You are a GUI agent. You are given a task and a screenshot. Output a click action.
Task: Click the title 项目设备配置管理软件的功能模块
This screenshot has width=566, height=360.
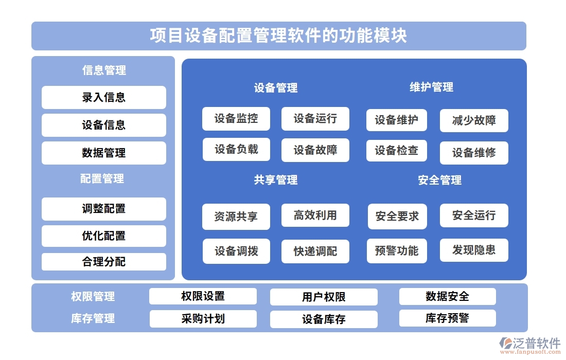tap(278, 35)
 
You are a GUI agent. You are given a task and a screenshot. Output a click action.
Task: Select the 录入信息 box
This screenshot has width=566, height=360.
tap(103, 97)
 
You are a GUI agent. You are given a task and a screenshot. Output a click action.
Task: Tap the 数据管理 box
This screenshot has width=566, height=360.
tap(103, 153)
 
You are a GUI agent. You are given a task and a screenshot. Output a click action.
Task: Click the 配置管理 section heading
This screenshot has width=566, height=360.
tap(102, 178)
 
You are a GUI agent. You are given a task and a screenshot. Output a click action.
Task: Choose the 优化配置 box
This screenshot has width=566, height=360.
tap(103, 236)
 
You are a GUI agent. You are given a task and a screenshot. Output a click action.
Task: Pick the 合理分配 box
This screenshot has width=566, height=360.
tap(103, 262)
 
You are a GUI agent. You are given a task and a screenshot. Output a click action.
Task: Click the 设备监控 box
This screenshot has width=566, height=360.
tap(236, 119)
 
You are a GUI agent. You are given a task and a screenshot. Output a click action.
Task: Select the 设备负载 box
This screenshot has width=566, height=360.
tap(236, 150)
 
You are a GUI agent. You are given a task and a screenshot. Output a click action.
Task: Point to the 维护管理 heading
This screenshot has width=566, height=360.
tap(431, 87)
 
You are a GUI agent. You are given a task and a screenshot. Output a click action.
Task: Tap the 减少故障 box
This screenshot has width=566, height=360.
tap(474, 121)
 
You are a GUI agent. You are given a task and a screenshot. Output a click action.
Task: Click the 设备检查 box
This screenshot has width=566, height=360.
tap(396, 151)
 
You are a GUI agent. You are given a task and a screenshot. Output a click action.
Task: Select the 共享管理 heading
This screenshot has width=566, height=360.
tap(276, 180)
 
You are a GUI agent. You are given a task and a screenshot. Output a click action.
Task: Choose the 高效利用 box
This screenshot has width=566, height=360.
tap(315, 215)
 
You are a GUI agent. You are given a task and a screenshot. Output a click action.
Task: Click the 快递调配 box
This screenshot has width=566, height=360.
tap(315, 251)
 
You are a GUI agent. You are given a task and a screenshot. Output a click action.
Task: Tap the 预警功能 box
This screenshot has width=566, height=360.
tap(396, 251)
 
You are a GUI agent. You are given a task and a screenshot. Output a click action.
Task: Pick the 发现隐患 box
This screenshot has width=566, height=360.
tap(474, 250)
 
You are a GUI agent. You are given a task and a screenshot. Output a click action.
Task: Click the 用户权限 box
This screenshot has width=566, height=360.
tap(324, 297)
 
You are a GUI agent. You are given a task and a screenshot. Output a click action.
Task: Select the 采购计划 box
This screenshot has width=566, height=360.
tap(203, 319)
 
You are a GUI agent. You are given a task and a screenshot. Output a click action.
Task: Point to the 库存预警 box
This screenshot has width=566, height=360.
tap(447, 318)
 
